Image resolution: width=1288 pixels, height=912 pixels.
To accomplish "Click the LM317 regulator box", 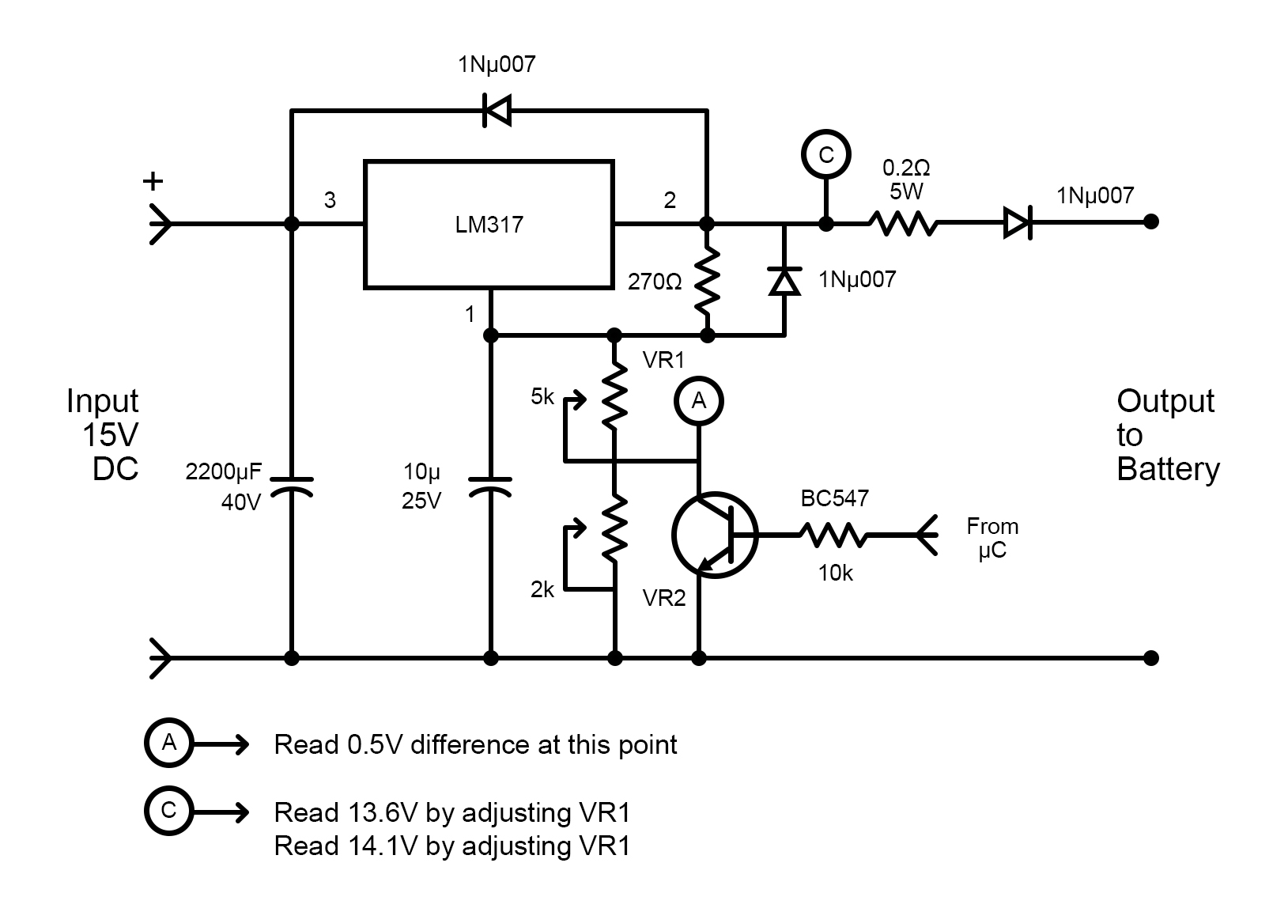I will [x=488, y=225].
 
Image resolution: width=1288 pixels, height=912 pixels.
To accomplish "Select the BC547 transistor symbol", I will [x=714, y=534].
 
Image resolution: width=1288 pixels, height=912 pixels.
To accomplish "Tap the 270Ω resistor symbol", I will [x=707, y=280].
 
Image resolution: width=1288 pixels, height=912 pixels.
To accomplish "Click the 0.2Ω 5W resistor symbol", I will [x=903, y=223].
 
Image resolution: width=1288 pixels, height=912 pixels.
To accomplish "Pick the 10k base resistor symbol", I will [x=833, y=535].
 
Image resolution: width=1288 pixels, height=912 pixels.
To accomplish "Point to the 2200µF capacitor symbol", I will [x=292, y=486].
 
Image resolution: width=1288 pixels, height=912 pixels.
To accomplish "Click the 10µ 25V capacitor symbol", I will [x=490, y=486].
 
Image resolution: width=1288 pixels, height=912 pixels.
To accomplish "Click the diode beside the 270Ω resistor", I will [x=784, y=281].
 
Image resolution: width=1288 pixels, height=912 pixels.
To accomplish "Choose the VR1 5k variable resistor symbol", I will [x=614, y=399].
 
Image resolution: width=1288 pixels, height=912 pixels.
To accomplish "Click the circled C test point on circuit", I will [x=825, y=155].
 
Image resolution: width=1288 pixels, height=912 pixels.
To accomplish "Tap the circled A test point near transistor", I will [x=698, y=402].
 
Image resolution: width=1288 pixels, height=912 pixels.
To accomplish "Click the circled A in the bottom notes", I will [x=168, y=743].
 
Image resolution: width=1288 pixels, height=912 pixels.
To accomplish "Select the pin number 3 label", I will [x=330, y=201].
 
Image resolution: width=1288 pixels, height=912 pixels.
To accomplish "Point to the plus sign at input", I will [x=153, y=182].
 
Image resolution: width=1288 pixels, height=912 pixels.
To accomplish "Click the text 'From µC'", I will [x=991, y=537].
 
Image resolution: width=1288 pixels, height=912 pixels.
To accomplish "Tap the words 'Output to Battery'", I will [x=1167, y=435].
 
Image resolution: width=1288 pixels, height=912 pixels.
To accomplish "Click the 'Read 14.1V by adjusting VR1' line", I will [x=451, y=846].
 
